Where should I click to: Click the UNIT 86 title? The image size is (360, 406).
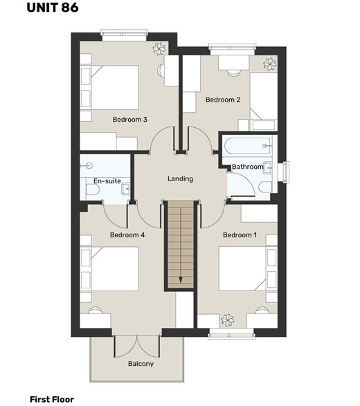coord(53,7)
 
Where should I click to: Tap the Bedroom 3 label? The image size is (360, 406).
coord(130,120)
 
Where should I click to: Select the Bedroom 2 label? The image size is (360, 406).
coord(223,100)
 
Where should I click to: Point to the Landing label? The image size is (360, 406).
coord(180,179)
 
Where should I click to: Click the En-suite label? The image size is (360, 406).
coord(107,181)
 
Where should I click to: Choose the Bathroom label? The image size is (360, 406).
coord(248,167)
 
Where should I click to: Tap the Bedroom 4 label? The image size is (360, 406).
coord(127,235)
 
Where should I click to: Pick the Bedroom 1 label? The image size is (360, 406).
coord(240,235)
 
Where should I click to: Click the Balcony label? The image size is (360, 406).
coord(141,364)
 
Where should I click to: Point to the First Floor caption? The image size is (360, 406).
coord(52,399)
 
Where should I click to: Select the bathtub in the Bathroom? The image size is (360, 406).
coord(247,146)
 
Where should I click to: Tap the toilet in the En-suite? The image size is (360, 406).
coord(93,190)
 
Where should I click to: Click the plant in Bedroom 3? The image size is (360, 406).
coord(159,48)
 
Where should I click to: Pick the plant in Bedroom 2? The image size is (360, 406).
coord(270,64)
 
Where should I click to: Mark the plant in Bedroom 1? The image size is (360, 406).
coord(228,320)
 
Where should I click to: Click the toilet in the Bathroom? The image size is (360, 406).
coord(265,187)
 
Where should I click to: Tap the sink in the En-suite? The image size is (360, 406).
coord(126,190)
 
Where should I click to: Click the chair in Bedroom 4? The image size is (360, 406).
coord(96,310)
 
